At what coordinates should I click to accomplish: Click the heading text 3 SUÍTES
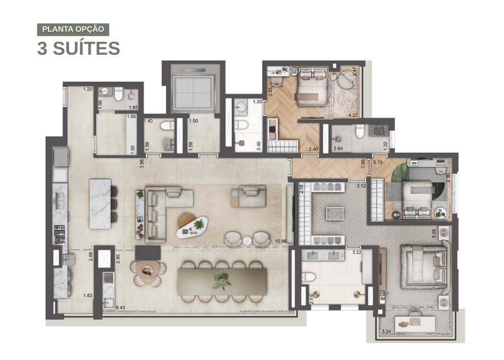point(78,48)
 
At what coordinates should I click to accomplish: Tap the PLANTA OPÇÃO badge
point(73,29)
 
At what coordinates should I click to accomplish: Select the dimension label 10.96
point(281,241)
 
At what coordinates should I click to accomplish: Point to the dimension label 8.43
point(120,308)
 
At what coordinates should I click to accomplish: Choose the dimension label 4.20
point(353,115)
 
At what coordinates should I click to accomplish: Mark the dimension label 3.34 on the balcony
point(386,331)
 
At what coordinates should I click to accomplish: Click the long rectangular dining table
point(222,282)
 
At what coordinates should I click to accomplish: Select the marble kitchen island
point(100,204)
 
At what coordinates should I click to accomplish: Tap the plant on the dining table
point(222,281)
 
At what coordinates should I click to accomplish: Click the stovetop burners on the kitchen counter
point(60,235)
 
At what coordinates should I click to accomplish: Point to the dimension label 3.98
point(142,164)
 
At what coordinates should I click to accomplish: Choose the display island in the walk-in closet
point(335,214)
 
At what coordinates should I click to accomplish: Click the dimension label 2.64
point(338,148)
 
